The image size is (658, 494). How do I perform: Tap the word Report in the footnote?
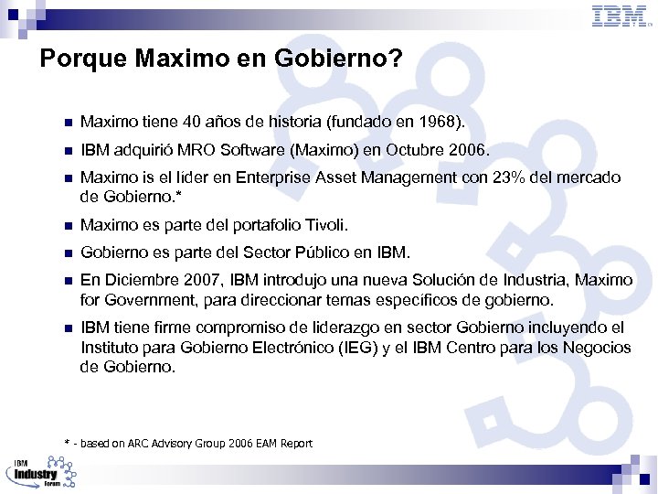coord(296,444)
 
